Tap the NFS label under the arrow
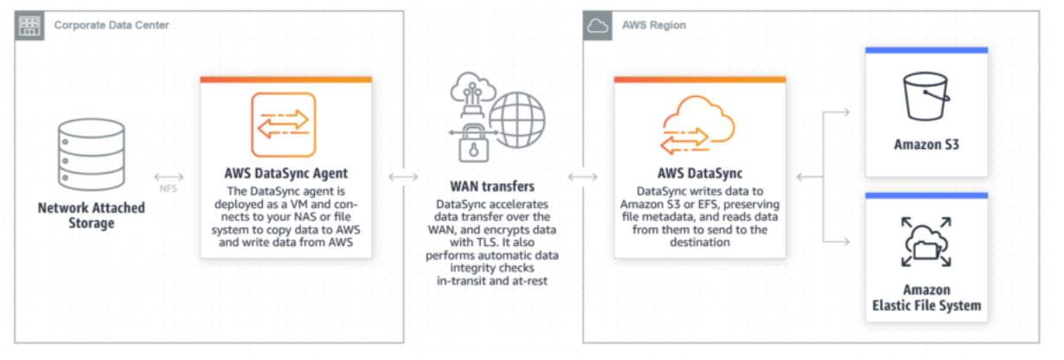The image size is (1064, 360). (x=168, y=188)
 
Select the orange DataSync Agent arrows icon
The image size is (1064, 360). (x=285, y=125)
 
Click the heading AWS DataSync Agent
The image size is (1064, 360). (x=285, y=173)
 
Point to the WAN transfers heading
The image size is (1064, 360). (x=491, y=186)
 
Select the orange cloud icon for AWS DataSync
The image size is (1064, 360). (x=699, y=126)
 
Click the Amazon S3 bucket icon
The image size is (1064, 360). (x=926, y=96)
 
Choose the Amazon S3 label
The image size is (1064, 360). (x=926, y=145)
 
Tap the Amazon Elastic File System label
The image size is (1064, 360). (x=926, y=298)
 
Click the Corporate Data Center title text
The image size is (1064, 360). (x=112, y=25)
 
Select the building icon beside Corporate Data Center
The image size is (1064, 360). (x=30, y=25)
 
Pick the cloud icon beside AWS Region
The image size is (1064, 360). (x=598, y=26)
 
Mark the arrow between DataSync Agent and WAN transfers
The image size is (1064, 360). (x=403, y=177)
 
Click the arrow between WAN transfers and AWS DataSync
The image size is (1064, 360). (x=582, y=177)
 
